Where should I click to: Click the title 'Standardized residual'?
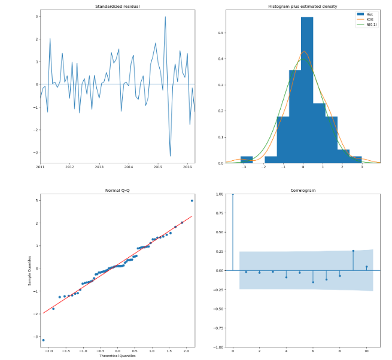click(117, 6)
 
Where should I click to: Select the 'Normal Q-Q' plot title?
click(117, 190)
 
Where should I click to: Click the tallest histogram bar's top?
click(306, 17)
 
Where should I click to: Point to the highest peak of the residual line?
click(165, 17)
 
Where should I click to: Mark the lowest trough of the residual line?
click(170, 156)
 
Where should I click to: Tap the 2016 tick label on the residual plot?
click(187, 167)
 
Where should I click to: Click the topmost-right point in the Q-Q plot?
click(192, 200)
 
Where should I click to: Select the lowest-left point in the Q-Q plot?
click(43, 340)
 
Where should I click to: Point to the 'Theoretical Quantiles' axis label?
click(117, 356)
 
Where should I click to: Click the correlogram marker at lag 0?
click(233, 194)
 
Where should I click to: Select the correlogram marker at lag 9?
click(353, 251)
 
